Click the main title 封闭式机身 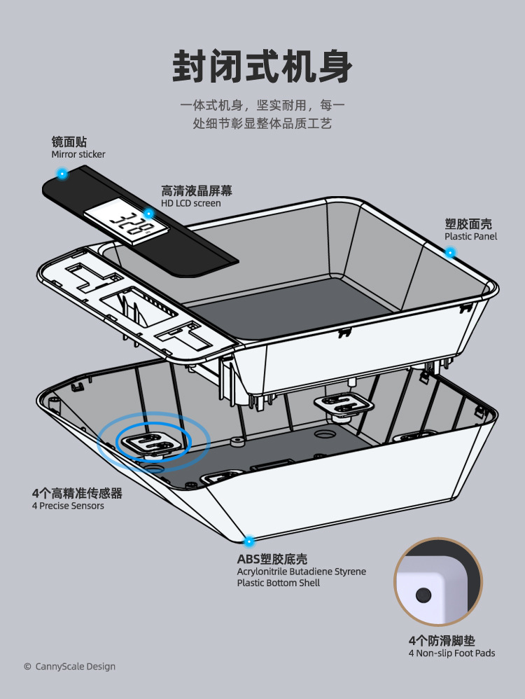[x=262, y=69]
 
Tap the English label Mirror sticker [x=78, y=154]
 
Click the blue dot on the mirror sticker [x=62, y=173]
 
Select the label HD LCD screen [x=190, y=203]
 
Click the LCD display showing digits [x=126, y=223]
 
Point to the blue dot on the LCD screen [x=148, y=213]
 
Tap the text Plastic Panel [x=471, y=237]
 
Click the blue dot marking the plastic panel [x=450, y=252]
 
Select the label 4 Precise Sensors [x=68, y=506]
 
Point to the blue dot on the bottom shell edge [x=248, y=541]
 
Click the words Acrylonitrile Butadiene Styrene [x=301, y=572]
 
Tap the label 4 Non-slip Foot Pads [x=451, y=653]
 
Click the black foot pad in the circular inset [x=422, y=595]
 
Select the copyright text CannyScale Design [x=69, y=667]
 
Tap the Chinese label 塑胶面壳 [x=468, y=224]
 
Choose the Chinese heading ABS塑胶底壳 [x=272, y=559]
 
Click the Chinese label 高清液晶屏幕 [x=197, y=191]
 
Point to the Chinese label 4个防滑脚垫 [x=442, y=640]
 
